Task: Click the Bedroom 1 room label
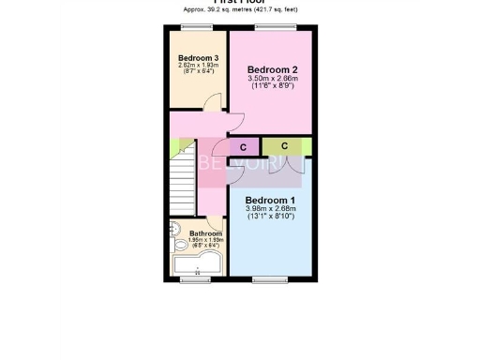click(x=270, y=200)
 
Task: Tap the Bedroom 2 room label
click(x=273, y=69)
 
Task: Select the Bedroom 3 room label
click(x=198, y=58)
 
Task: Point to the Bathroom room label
click(x=205, y=233)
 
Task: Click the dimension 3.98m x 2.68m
click(x=270, y=209)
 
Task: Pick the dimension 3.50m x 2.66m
click(x=273, y=79)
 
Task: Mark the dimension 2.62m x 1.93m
click(x=198, y=66)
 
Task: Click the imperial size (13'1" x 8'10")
click(x=270, y=217)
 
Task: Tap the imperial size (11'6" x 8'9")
click(x=273, y=86)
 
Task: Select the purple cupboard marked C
click(x=244, y=147)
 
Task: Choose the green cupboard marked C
click(x=284, y=146)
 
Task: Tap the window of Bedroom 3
click(x=197, y=28)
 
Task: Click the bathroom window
click(x=195, y=279)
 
